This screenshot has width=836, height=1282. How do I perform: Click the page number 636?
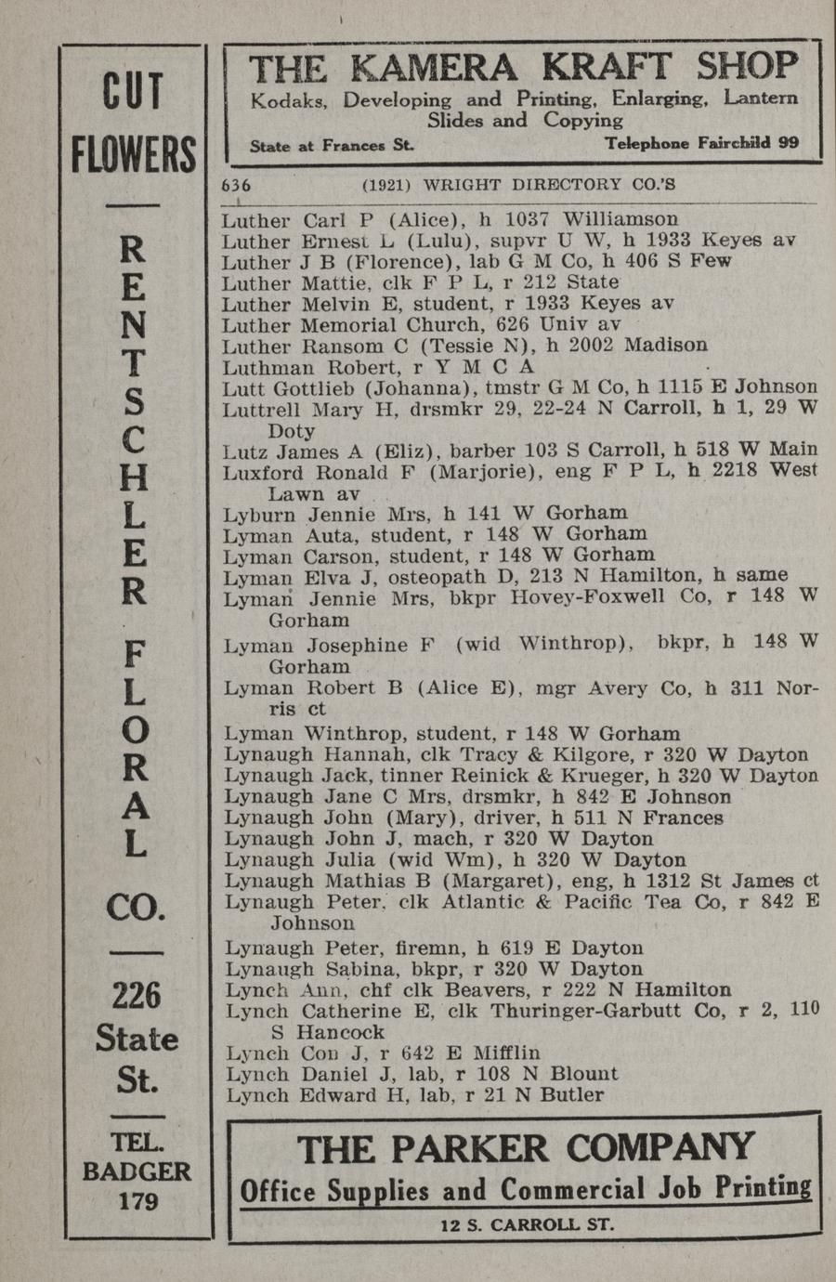236,185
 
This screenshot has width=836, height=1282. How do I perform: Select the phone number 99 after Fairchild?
789,143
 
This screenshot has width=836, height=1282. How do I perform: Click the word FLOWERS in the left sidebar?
135,154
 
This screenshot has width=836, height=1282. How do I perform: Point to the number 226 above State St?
136,995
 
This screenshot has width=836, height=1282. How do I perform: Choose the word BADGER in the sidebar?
137,1171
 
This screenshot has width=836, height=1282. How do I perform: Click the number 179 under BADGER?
137,1200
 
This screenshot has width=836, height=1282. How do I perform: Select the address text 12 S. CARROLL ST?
527,1224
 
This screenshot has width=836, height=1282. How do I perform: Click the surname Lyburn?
256,513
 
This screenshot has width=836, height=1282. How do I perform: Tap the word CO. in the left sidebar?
136,906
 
